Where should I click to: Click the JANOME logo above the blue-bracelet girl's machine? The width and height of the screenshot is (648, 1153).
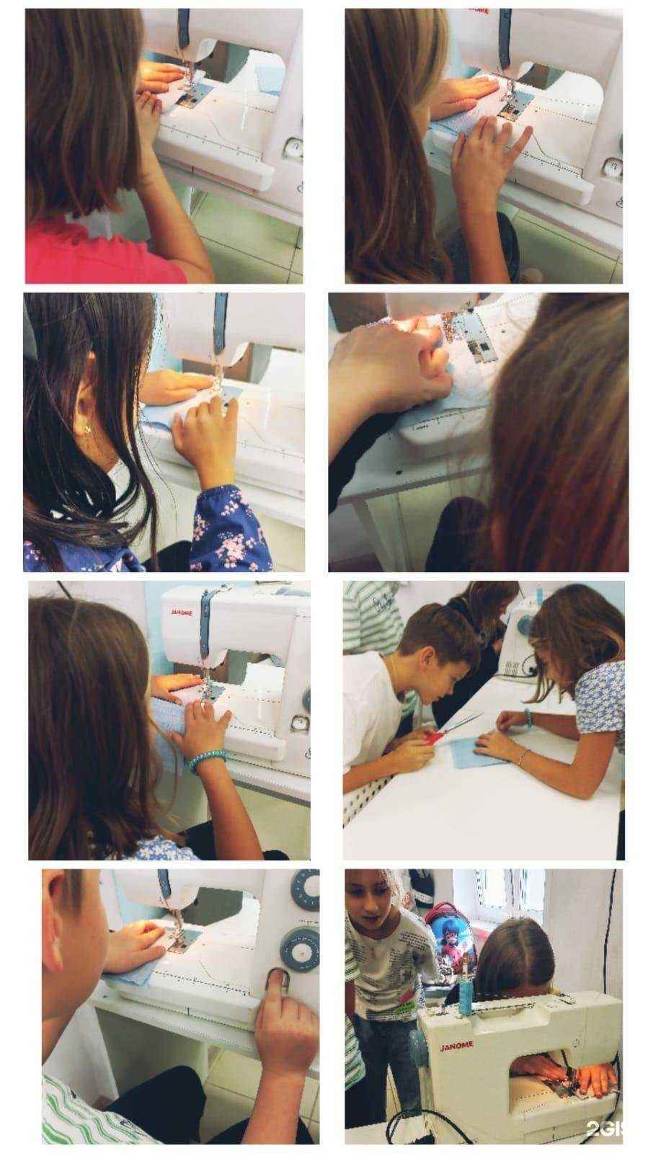click(x=181, y=613)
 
